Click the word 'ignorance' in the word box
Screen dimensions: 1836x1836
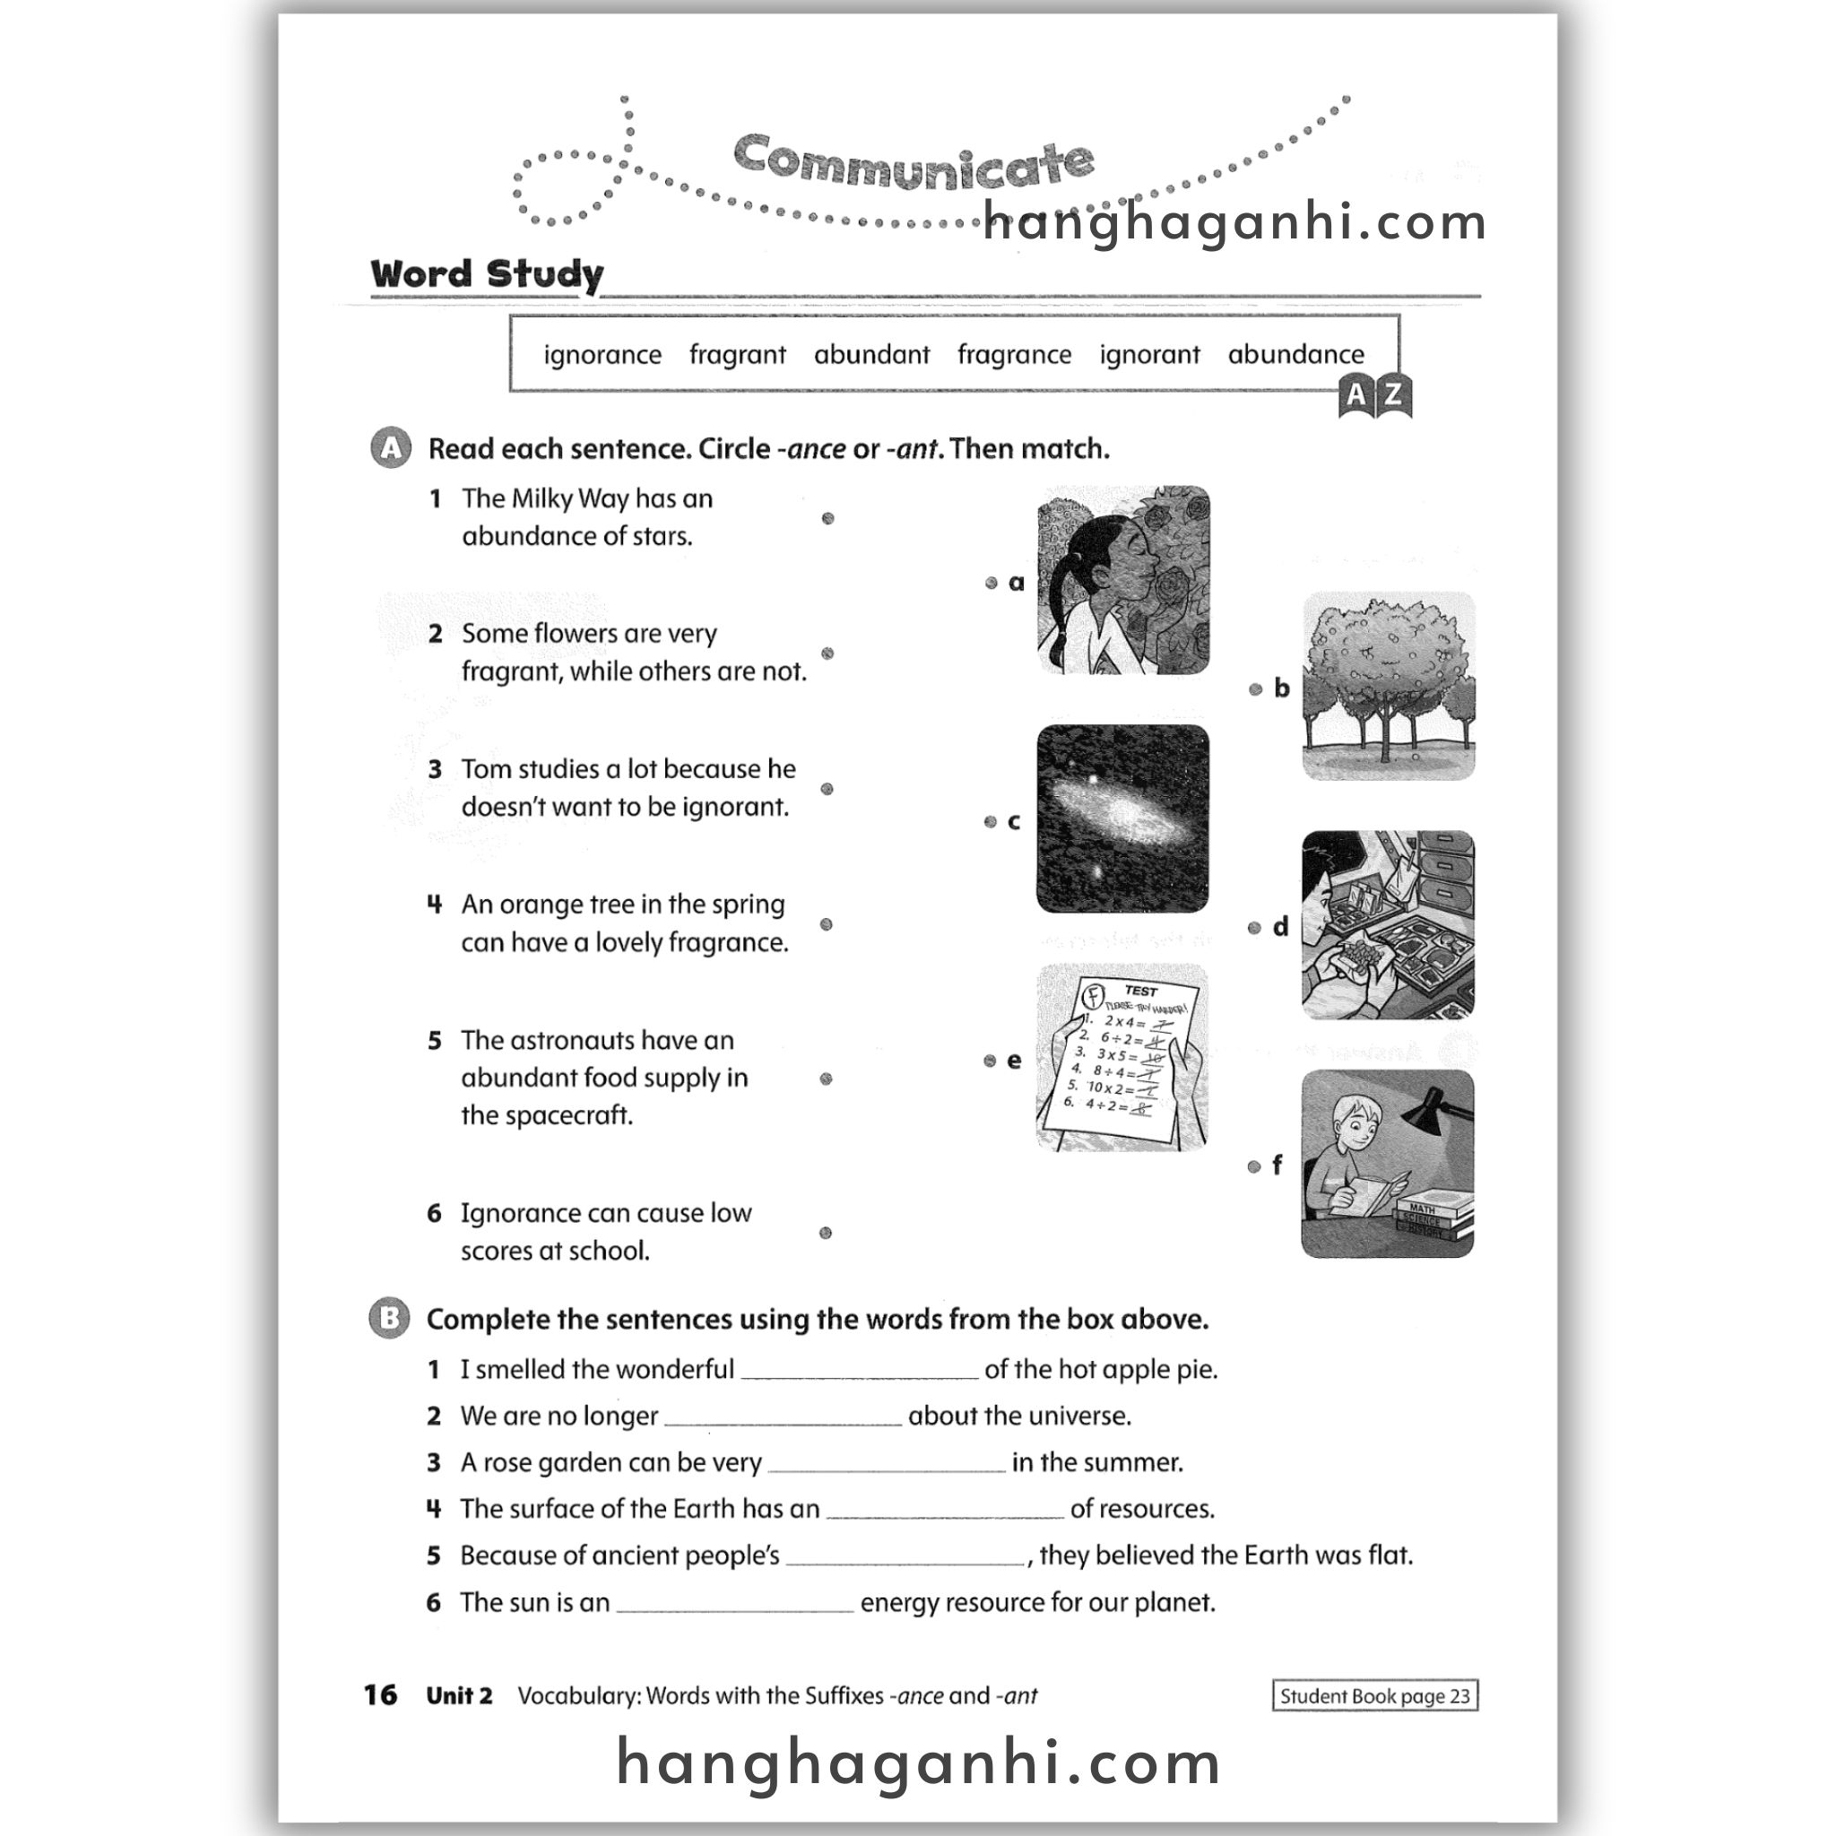click(x=602, y=354)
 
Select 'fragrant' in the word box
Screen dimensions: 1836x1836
click(x=738, y=354)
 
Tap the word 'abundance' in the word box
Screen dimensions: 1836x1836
click(x=1295, y=354)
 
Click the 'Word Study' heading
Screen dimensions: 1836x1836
click(x=487, y=274)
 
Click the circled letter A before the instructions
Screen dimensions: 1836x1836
click(x=391, y=448)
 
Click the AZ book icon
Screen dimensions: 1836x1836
click(x=1374, y=395)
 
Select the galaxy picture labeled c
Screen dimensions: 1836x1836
click(x=1122, y=819)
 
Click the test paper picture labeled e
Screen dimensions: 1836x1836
click(x=1122, y=1058)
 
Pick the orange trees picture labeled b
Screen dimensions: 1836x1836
click(x=1388, y=686)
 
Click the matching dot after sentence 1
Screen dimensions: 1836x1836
click(x=827, y=518)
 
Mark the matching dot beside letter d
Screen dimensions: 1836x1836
click(x=1254, y=928)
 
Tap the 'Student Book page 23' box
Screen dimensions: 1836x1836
click(x=1374, y=1696)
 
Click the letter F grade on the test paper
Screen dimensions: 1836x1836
click(x=1094, y=996)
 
